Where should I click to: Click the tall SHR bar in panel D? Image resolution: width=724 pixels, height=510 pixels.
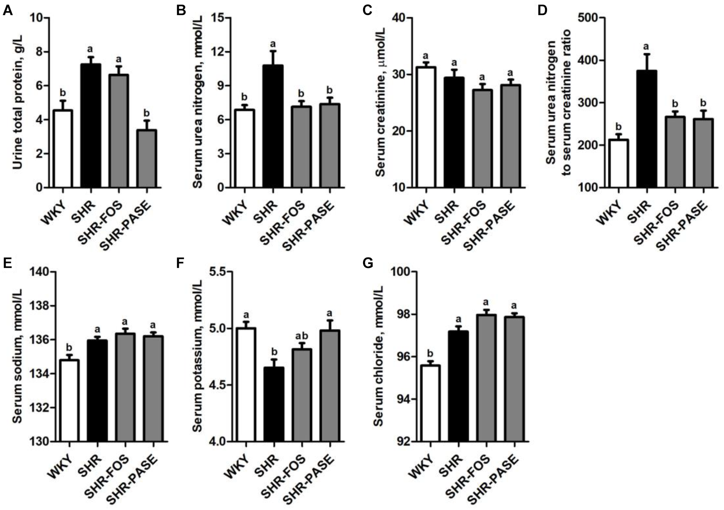pyautogui.click(x=646, y=129)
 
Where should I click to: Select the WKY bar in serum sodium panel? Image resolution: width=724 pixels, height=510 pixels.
pyautogui.click(x=69, y=400)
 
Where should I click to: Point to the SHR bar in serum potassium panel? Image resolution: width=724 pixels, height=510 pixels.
pyautogui.click(x=273, y=404)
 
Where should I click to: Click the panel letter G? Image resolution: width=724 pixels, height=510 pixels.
pyautogui.click(x=368, y=264)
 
